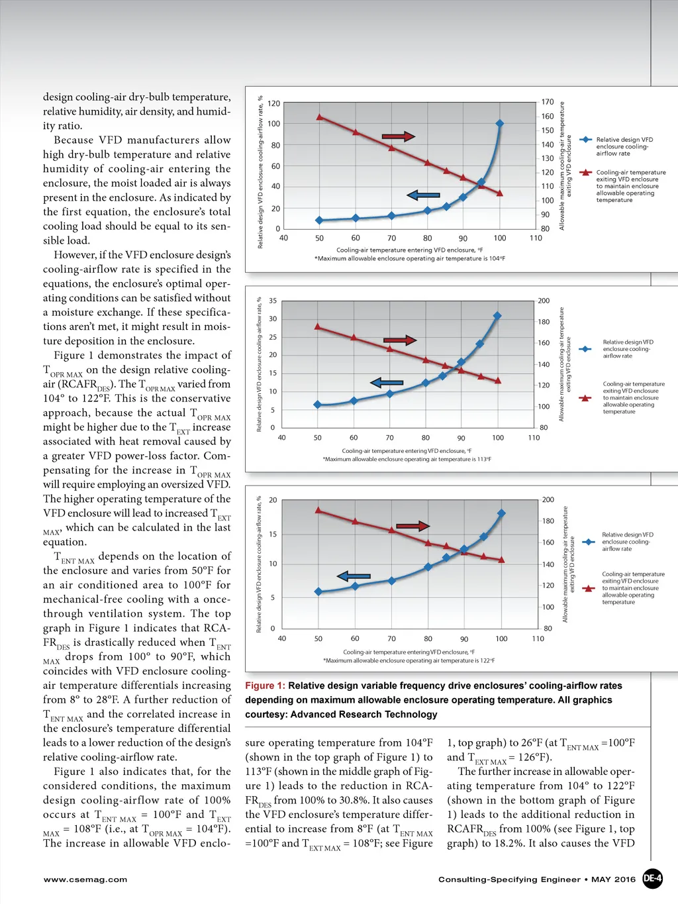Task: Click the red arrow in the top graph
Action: click(x=399, y=136)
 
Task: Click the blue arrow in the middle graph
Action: click(x=387, y=383)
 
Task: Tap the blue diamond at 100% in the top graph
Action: click(x=500, y=124)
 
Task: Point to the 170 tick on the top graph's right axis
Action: click(x=548, y=102)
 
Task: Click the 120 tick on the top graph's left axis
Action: click(x=273, y=103)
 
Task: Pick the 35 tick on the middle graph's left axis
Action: click(x=273, y=301)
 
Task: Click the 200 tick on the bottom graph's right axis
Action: click(x=548, y=500)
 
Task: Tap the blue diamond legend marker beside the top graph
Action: click(x=586, y=140)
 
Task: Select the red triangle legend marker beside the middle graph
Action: click(x=585, y=398)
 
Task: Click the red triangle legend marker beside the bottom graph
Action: click(x=588, y=588)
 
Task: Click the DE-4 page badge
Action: click(x=652, y=879)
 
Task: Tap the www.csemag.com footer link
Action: click(x=85, y=879)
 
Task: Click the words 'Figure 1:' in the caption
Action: click(x=266, y=686)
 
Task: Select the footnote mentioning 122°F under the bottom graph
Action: click(x=409, y=660)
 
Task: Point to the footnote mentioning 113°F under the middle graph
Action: click(x=407, y=459)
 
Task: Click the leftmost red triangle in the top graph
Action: click(x=320, y=117)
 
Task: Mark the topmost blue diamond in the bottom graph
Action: click(x=501, y=513)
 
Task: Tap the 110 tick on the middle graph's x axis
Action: click(x=534, y=438)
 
